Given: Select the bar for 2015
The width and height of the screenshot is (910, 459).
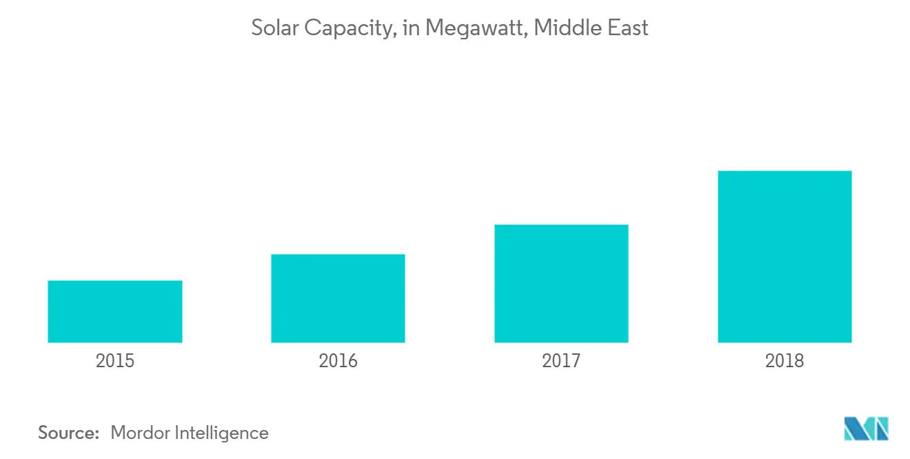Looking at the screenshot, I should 115,311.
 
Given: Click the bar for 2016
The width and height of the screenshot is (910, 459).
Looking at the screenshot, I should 338,298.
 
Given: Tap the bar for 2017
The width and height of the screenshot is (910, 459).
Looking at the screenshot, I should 561,284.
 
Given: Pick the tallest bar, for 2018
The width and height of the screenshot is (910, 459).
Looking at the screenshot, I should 785,257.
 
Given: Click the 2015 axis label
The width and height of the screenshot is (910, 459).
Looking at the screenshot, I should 115,360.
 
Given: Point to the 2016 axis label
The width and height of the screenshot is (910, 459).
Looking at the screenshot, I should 338,360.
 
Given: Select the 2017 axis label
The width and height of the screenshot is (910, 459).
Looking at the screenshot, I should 561,360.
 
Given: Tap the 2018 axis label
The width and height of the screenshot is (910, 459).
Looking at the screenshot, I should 785,360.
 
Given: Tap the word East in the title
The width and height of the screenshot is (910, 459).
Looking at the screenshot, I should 627,28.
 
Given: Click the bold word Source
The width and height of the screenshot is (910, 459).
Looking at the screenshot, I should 69,433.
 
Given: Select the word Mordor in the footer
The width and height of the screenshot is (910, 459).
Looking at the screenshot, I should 141,433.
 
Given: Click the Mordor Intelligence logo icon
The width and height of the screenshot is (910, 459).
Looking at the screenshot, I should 867,429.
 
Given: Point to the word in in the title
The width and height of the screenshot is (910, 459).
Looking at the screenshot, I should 411,28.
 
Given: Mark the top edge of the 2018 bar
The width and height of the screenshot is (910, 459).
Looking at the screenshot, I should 785,171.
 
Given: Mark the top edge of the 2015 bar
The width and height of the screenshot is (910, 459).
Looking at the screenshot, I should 115,281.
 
